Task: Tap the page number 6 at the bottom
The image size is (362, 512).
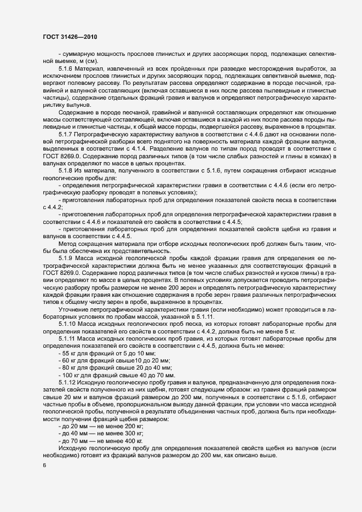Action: pos(44,465)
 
